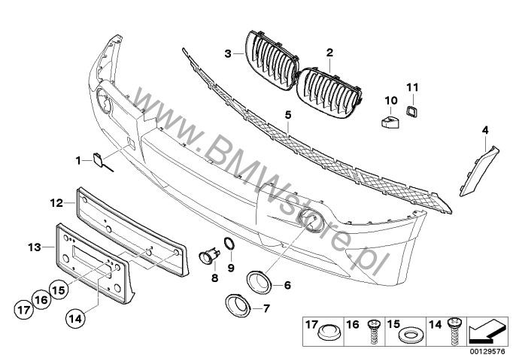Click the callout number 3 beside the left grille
click(x=228, y=53)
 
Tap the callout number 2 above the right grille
click(x=329, y=53)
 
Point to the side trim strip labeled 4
click(x=479, y=171)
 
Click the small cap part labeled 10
click(x=390, y=120)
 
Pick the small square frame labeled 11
click(x=411, y=111)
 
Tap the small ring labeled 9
click(x=229, y=244)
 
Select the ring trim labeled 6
click(x=259, y=282)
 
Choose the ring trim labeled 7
click(x=237, y=305)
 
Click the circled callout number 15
click(x=59, y=290)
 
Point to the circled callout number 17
click(x=24, y=310)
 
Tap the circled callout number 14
click(x=75, y=318)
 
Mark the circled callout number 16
click(x=41, y=300)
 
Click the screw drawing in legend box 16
click(x=373, y=332)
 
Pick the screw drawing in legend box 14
click(x=456, y=331)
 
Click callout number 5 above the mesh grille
click(x=288, y=115)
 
